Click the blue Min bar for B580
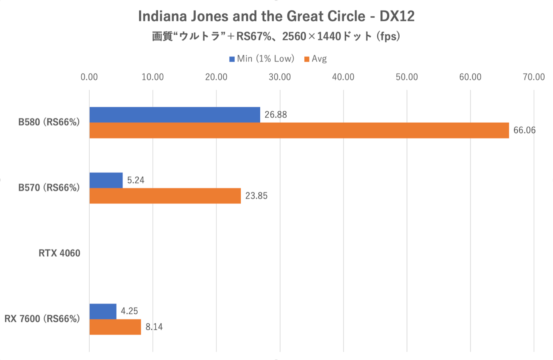pyautogui.click(x=175, y=115)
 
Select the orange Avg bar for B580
pyautogui.click(x=299, y=131)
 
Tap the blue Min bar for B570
pyautogui.click(x=106, y=180)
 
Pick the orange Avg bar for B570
pyautogui.click(x=165, y=196)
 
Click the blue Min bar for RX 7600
pyautogui.click(x=103, y=311)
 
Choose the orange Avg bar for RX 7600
pyautogui.click(x=115, y=327)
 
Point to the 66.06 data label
pyautogui.click(x=524, y=131)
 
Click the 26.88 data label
pyautogui.click(x=275, y=115)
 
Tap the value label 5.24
pyautogui.click(x=136, y=180)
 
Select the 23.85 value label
pyautogui.click(x=256, y=196)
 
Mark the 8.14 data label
pyautogui.click(x=154, y=327)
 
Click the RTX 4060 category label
pyautogui.click(x=59, y=253)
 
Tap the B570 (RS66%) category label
pyautogui.click(x=49, y=187)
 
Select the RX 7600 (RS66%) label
pyautogui.click(x=42, y=319)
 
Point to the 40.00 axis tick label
pyautogui.click(x=343, y=77)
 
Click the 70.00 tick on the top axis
pyautogui.click(x=534, y=77)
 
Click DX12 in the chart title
pyautogui.click(x=397, y=16)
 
